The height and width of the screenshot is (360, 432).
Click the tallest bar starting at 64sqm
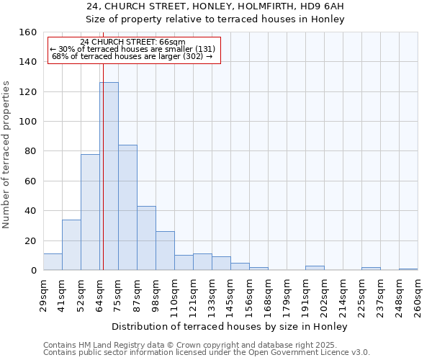tap(109, 176)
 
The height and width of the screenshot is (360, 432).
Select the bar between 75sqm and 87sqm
tap(127, 207)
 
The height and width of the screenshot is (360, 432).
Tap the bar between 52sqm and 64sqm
tap(90, 212)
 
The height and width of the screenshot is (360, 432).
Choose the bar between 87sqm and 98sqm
tap(146, 238)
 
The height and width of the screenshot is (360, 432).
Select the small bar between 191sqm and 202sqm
tap(315, 268)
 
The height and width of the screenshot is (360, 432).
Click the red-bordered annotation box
tap(133, 50)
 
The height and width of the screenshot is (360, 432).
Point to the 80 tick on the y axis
tap(30, 151)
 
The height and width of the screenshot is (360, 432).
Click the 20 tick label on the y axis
tap(30, 240)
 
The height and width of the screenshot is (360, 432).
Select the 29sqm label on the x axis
tap(43, 295)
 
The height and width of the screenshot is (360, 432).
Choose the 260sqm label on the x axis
tap(418, 295)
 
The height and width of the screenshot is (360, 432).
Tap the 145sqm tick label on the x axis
tap(230, 295)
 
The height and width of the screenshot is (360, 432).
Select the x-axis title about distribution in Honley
tap(230, 326)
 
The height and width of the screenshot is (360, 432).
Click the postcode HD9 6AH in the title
tap(321, 6)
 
